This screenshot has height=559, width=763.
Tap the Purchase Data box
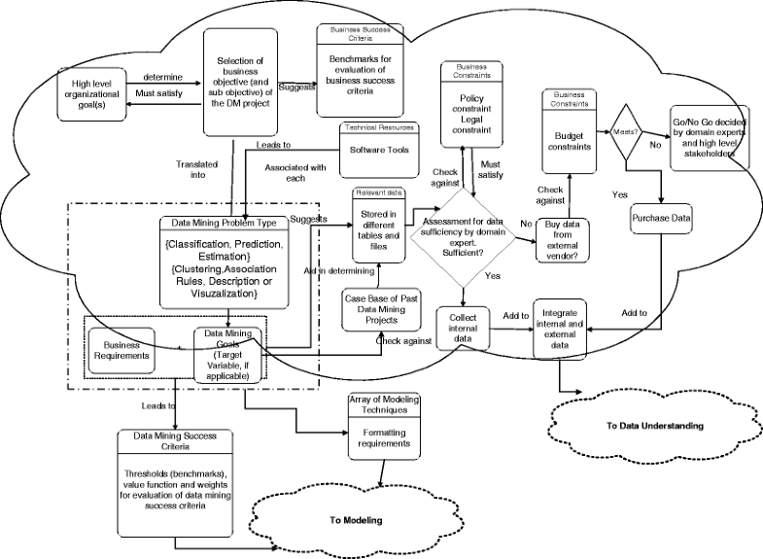click(x=660, y=219)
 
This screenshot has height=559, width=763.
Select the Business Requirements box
click(x=121, y=349)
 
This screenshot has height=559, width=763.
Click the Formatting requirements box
click(x=381, y=437)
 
